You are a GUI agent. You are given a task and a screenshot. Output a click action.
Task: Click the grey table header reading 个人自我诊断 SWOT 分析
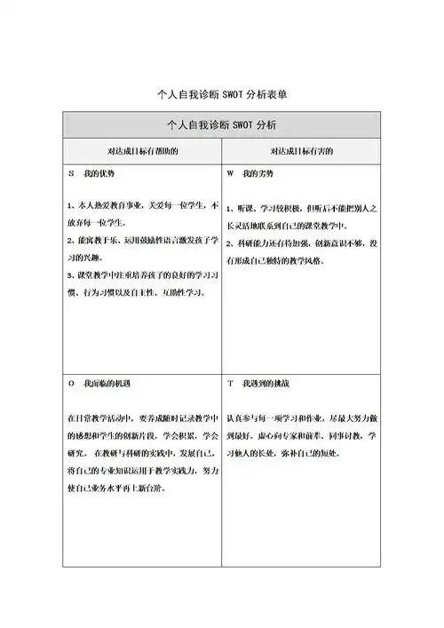221,124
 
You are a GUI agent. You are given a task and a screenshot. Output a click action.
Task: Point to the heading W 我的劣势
251,173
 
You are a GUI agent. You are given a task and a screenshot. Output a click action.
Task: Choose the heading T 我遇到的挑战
258,384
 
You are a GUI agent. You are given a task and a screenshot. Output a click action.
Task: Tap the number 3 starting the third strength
70,275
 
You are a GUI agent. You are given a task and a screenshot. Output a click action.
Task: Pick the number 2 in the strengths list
70,240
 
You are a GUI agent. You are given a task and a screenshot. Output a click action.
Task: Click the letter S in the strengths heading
70,173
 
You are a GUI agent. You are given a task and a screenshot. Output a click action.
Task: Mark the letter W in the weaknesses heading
230,173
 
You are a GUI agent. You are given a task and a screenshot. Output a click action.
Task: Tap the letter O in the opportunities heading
70,384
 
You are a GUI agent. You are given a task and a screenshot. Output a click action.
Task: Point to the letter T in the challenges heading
230,384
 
